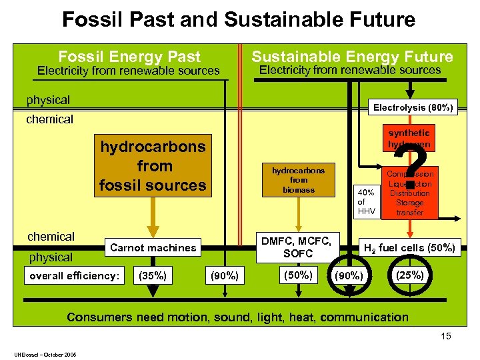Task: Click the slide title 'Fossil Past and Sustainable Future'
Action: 239,19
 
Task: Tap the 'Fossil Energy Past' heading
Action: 129,57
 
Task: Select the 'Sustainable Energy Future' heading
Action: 352,57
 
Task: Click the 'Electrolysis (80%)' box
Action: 413,107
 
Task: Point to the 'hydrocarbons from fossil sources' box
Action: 153,166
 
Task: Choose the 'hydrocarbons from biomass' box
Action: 299,180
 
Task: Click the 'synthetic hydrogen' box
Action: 409,139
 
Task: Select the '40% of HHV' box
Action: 366,201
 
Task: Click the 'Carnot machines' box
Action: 153,248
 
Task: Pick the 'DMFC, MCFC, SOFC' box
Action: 298,247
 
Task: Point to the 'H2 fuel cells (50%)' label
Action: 409,248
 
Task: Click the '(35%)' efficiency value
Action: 151,275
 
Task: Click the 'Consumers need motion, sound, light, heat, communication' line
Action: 237,317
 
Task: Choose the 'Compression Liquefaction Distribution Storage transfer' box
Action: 409,193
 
